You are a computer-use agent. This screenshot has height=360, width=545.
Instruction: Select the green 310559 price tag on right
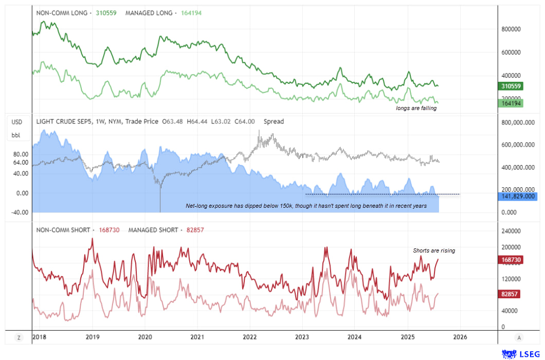(x=511, y=86)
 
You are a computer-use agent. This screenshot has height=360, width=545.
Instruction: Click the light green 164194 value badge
(x=511, y=103)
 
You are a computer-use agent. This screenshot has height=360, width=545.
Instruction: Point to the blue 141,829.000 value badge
(x=518, y=196)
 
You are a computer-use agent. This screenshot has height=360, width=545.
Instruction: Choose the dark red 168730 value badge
(x=511, y=260)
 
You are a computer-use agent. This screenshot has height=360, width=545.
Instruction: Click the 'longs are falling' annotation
(x=416, y=108)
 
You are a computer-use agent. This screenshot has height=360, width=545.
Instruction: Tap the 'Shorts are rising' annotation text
(x=434, y=250)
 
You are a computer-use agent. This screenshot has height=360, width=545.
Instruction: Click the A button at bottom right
(x=519, y=337)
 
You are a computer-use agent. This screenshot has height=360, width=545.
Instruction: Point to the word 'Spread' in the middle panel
(x=274, y=122)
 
